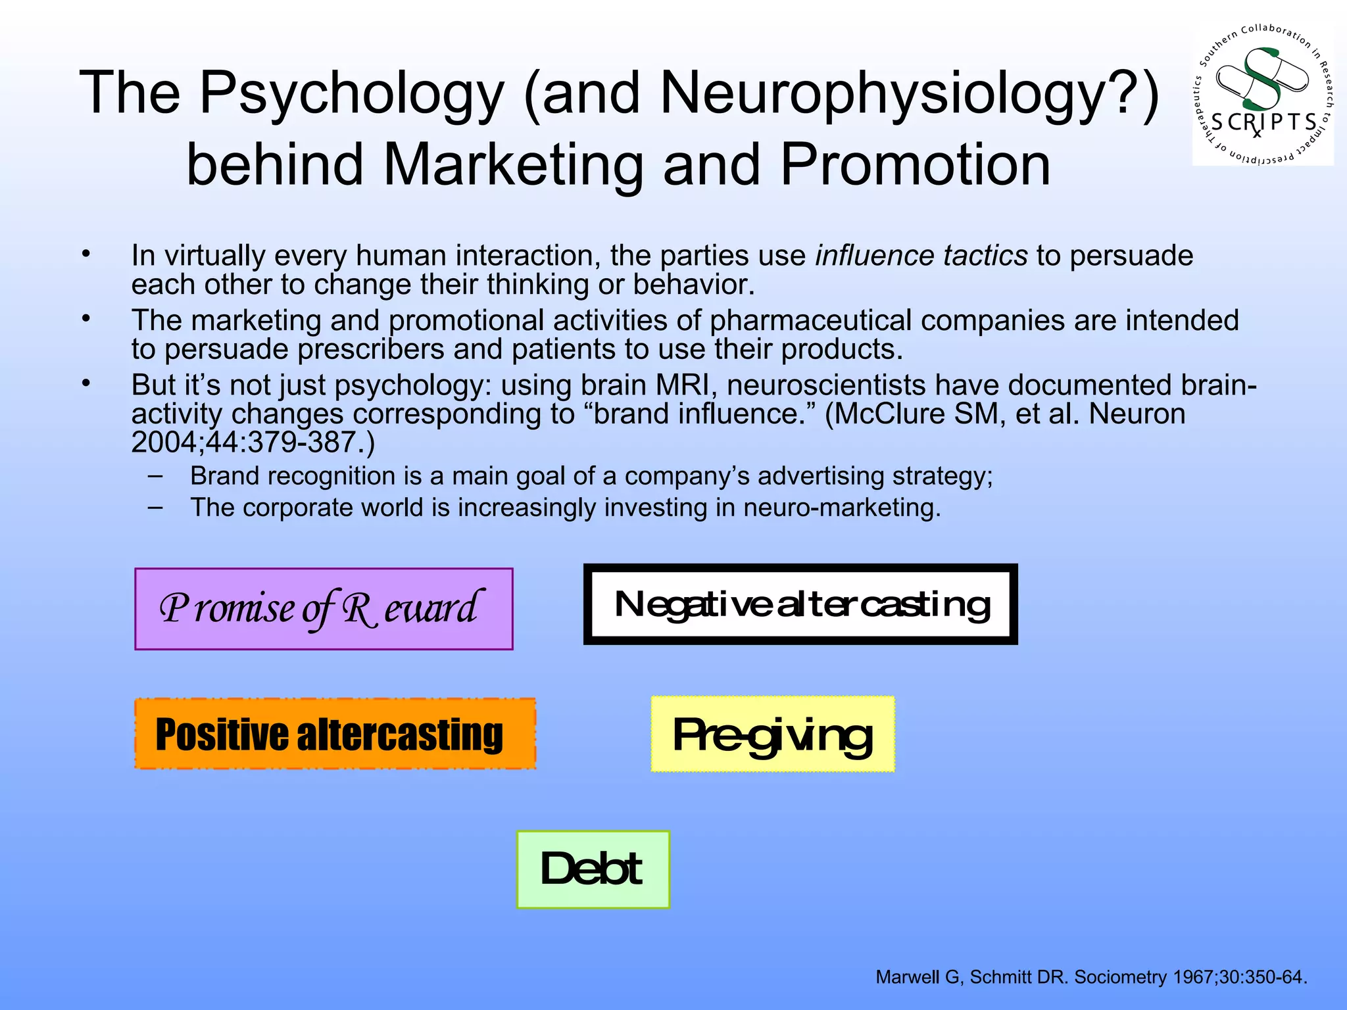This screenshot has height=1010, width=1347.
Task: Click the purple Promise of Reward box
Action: [x=324, y=609]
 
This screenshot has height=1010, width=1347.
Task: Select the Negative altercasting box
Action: [x=800, y=604]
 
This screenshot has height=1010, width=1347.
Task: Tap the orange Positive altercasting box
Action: [x=335, y=734]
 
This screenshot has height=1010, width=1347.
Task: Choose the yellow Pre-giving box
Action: [x=773, y=734]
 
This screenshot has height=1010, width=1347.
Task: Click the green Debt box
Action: [x=593, y=869]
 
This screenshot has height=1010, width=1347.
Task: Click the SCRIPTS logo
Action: [x=1263, y=95]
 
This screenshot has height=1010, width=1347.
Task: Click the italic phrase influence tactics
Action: [x=921, y=255]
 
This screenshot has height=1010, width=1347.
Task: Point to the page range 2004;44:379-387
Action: [x=253, y=443]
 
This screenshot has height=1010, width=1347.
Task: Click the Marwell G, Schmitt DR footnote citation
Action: [x=1090, y=977]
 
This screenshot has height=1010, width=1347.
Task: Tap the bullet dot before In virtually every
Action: [x=86, y=254]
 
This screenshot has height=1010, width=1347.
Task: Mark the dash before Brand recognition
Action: [x=156, y=475]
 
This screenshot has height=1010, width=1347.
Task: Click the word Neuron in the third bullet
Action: [x=1137, y=414]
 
